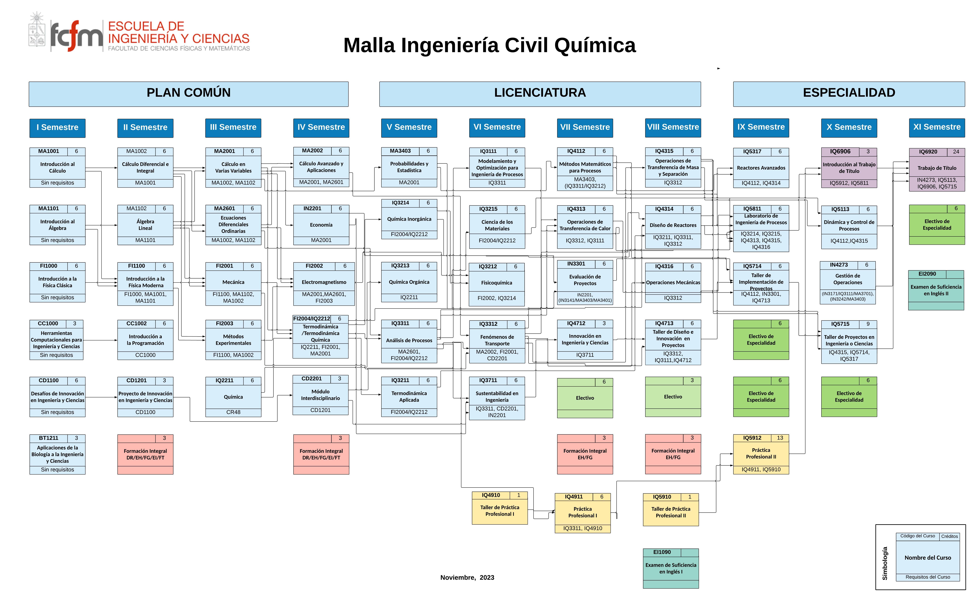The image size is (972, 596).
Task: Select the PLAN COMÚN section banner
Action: (189, 94)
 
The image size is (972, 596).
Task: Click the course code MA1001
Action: (49, 151)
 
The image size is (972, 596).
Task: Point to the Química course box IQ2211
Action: (233, 397)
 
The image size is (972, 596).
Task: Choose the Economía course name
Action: (321, 225)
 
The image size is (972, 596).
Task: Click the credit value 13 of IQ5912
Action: (780, 438)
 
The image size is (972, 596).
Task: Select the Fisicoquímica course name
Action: (497, 283)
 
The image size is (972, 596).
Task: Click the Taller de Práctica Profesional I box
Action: (500, 508)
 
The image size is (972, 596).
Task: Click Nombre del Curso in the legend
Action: (928, 558)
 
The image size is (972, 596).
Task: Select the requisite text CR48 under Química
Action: (233, 412)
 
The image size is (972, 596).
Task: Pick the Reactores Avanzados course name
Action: (761, 168)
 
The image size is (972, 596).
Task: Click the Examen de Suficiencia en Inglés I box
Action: (671, 568)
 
